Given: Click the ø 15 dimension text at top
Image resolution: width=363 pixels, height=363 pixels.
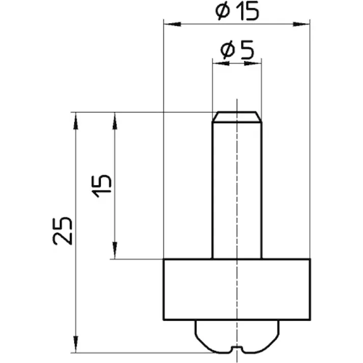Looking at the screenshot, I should pos(237,11).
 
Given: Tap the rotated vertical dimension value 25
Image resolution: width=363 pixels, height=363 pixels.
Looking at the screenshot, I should pos(63,231).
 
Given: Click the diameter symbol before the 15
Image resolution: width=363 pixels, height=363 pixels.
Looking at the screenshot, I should pos(222,11).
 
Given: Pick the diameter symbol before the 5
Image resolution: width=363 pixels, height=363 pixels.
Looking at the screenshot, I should pos(227,50).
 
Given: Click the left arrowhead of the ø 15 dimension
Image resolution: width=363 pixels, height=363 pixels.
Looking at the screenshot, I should pos(169,23).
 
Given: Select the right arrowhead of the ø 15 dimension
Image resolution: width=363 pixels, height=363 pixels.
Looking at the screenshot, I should pos(304,23).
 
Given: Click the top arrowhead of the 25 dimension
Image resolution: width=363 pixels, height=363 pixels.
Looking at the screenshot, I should pos(75,118).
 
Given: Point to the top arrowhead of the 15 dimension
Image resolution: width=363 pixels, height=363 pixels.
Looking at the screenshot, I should pos(115,118).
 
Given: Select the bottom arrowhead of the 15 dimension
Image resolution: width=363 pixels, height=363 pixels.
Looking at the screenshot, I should pos(115,254).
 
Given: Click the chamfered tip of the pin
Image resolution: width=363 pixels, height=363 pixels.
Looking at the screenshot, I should pos(237,117).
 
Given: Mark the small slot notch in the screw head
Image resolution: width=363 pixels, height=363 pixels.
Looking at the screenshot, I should pos(237,349).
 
